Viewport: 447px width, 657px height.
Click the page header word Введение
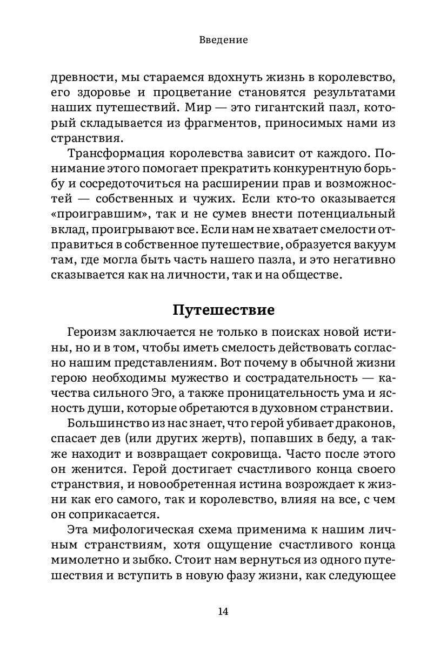click(223, 40)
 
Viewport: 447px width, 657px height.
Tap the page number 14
click(223, 611)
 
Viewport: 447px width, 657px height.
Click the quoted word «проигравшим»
click(89, 210)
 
